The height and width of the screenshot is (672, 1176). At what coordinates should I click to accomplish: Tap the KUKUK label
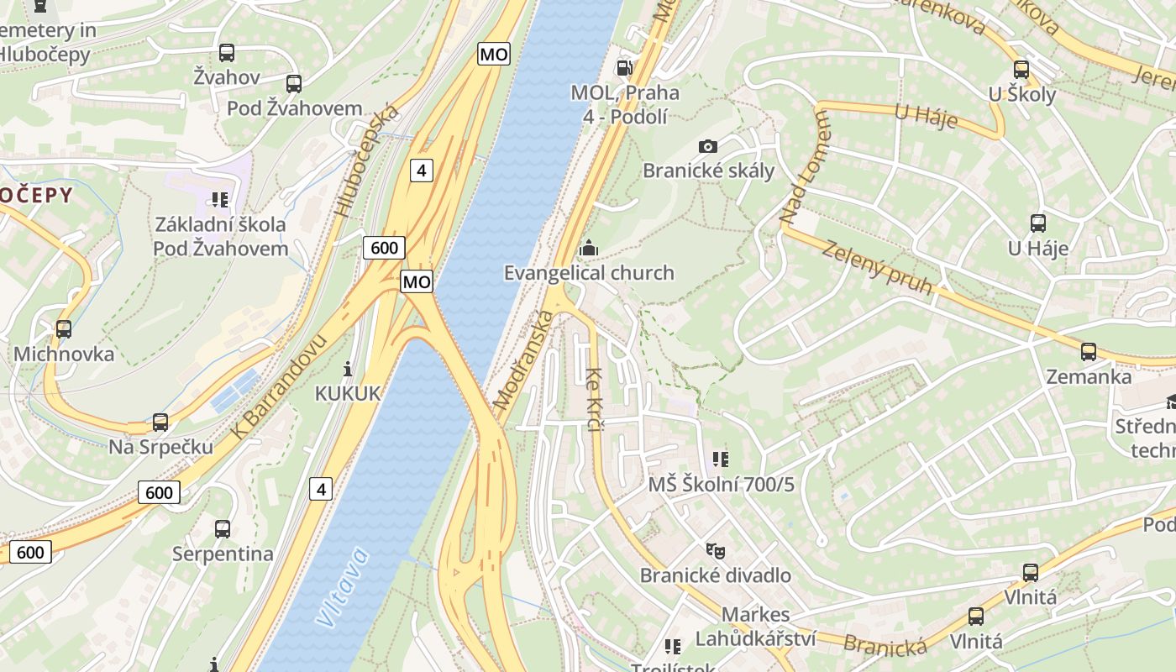348,393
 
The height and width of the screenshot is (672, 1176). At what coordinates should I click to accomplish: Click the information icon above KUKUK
348,369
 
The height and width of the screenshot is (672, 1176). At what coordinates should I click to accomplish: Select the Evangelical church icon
589,249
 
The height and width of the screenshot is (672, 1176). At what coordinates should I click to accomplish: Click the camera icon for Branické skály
708,146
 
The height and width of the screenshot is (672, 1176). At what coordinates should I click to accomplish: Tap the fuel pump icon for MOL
624,67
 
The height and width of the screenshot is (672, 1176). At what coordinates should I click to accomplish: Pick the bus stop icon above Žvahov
227,53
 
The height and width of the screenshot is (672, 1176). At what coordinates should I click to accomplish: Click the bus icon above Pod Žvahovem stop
293,84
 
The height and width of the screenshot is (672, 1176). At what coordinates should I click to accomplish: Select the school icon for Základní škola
220,200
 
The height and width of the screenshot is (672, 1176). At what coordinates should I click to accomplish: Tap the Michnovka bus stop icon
64,329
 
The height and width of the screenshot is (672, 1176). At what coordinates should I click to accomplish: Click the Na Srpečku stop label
160,447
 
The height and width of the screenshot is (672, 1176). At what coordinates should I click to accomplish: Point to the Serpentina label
223,554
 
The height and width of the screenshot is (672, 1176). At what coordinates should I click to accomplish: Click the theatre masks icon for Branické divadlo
715,551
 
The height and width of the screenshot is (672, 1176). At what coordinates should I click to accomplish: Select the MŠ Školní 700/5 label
721,485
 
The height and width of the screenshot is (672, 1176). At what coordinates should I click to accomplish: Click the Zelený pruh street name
877,268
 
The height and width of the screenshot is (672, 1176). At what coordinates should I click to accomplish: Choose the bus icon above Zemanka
1089,352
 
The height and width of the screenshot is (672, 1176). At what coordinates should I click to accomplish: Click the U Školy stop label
1021,94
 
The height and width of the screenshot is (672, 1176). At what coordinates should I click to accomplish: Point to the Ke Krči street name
594,399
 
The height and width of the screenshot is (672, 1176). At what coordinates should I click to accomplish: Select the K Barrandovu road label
278,386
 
